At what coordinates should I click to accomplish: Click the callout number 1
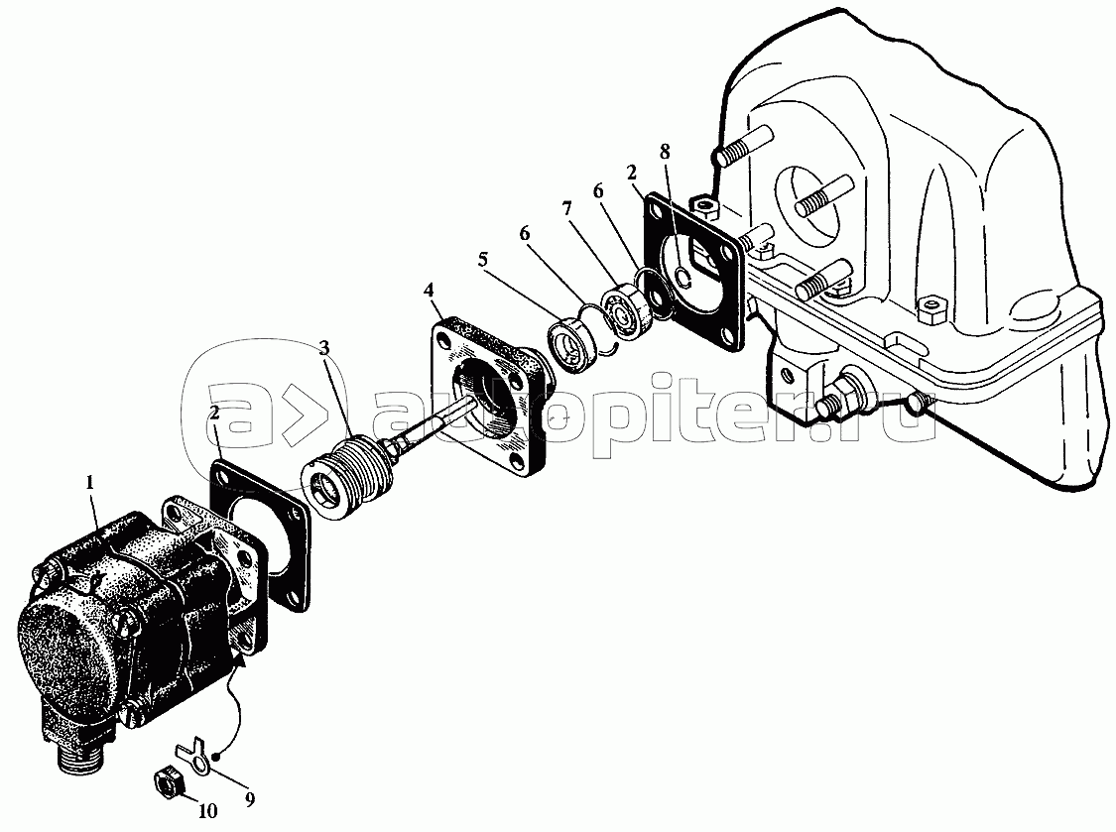tap(89, 483)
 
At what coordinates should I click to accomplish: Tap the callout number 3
tap(324, 348)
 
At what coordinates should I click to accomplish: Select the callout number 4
tap(429, 290)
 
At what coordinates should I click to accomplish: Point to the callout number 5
tap(483, 260)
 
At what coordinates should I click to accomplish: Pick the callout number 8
tap(665, 152)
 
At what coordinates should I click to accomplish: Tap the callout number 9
tap(249, 800)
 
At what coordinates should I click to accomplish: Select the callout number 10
tap(211, 810)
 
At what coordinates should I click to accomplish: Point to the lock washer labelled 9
tap(193, 758)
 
